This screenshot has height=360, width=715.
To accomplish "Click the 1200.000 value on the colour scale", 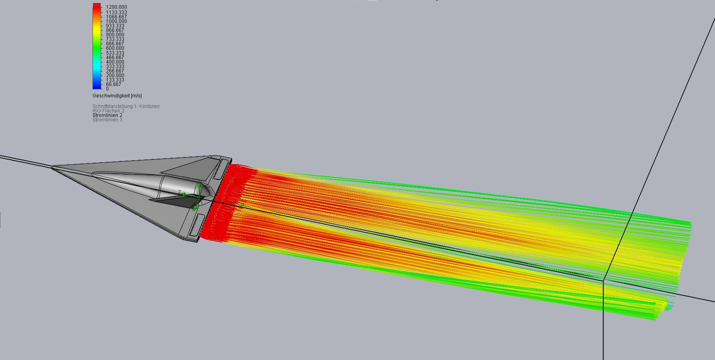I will [x=116, y=7].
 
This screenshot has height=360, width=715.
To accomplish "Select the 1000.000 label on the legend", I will [x=116, y=21].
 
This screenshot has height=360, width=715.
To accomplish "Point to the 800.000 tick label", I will [x=115, y=35].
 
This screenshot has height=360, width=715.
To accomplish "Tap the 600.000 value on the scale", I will [x=115, y=48].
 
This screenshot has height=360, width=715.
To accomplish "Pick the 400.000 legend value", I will [x=115, y=62].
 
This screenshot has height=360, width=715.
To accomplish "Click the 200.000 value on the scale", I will [x=115, y=75].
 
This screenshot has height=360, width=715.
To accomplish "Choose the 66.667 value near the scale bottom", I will [x=114, y=84].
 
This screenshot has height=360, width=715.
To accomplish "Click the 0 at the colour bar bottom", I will [x=107, y=89].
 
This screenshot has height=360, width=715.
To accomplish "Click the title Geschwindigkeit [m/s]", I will [x=117, y=96].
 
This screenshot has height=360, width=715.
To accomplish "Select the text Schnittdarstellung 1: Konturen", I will [x=126, y=106].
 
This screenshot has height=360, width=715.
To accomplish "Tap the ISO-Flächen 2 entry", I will [x=108, y=111].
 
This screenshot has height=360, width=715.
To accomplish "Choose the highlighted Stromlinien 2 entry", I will [x=107, y=115].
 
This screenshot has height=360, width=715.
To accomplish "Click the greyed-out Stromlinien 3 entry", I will [x=107, y=120].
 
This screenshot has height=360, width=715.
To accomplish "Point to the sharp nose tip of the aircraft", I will [x=52, y=168].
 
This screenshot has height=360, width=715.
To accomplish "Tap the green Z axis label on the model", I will [x=179, y=192].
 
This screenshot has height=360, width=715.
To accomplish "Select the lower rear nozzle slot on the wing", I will [x=195, y=225].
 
